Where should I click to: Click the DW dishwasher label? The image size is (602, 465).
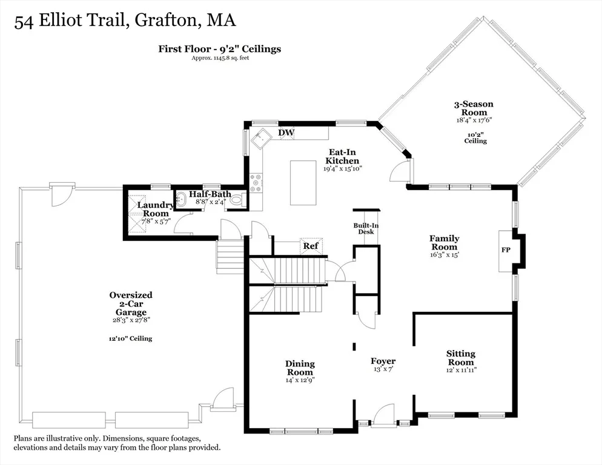(x=286, y=133)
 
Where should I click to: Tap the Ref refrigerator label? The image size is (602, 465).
(x=311, y=245)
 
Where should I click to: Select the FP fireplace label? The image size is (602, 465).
(x=506, y=250)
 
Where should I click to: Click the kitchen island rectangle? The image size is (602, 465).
(x=303, y=183)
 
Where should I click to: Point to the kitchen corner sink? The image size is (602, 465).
(x=262, y=138)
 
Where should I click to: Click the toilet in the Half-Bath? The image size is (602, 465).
(x=236, y=200)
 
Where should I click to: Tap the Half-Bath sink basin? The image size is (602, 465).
(x=180, y=200)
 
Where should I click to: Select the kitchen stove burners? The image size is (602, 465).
(x=256, y=183)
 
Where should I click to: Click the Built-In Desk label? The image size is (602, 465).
(x=366, y=228)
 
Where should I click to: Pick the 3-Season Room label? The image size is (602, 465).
(x=474, y=108)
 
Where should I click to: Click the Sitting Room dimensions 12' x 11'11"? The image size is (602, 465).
(x=461, y=371)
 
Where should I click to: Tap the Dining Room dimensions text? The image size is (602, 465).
(x=300, y=380)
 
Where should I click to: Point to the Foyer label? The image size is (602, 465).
(x=383, y=361)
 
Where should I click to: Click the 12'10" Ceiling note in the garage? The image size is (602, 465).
(x=131, y=338)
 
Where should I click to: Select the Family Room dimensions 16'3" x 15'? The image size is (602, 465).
(x=444, y=254)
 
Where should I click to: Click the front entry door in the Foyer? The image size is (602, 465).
(x=383, y=416)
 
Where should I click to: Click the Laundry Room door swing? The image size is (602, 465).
(x=183, y=224)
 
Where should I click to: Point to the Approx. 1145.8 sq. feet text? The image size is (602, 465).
(x=220, y=58)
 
